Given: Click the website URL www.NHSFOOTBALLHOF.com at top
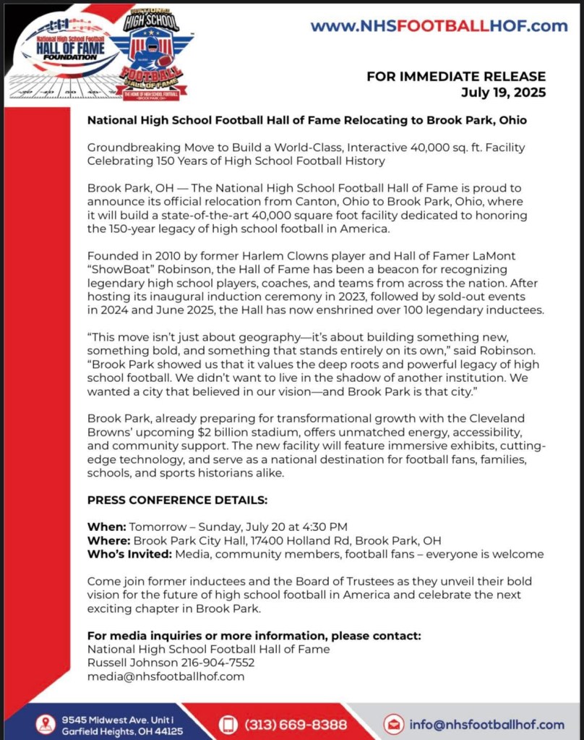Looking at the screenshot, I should coord(439,27).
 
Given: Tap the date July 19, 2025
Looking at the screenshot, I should coord(503,93).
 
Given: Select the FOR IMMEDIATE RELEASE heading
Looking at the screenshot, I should coord(456,77).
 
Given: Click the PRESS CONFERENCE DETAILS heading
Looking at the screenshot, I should coord(177,500).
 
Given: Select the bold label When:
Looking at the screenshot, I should coord(106,526).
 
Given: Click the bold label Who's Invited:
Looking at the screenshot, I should coord(129,554).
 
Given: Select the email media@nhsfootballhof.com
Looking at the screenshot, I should coord(166,676).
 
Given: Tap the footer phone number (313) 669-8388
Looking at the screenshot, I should coord(296,724).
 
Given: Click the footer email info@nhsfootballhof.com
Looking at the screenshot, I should coord(486,724).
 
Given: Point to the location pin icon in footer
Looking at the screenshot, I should coord(46,724).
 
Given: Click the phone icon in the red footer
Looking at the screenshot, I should coord(228,724).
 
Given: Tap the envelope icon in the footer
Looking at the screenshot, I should coord(394,724).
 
